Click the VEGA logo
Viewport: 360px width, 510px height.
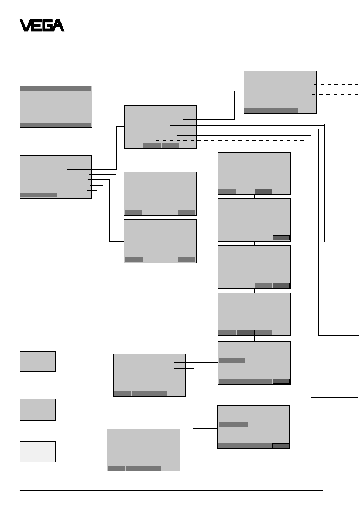coord(42,25)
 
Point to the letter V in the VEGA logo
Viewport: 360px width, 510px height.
coord(25,25)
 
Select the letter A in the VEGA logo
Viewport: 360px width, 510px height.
coord(58,25)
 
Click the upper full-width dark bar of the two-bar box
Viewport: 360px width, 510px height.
coord(56,89)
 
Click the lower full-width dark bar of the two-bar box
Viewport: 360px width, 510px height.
coord(56,125)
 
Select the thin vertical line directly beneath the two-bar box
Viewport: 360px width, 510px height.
coord(55,142)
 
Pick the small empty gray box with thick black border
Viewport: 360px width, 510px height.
coord(38,362)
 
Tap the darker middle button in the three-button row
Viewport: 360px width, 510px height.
coord(246,333)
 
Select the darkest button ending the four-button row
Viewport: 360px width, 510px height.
coord(281,381)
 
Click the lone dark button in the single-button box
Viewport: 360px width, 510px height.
coord(281,238)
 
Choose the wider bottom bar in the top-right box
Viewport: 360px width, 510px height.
coord(262,110)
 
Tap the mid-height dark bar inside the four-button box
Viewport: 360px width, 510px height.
coord(232,361)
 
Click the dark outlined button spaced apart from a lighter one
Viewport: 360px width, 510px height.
coord(263,191)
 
